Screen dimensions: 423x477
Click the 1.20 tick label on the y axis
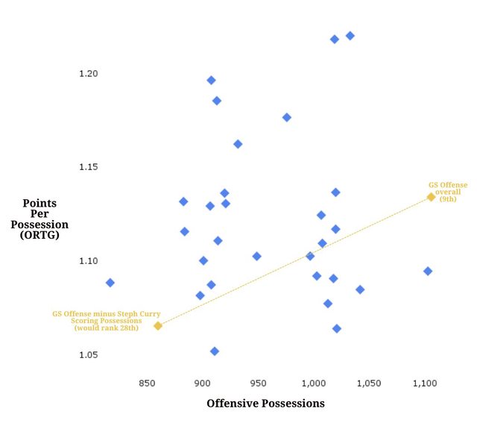coord(88,74)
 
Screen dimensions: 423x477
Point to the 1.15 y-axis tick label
coord(88,167)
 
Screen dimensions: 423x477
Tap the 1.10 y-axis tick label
coord(88,261)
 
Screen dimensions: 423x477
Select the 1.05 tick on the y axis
coord(88,355)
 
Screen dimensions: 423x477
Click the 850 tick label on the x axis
coord(147,383)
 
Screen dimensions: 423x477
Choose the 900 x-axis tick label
coord(203,383)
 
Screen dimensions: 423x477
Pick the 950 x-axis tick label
coord(258,383)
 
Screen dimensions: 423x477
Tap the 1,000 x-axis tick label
coord(313,383)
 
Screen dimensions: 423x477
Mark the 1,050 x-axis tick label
coord(369,383)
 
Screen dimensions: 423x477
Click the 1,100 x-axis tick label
coord(425,383)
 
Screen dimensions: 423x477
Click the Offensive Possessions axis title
coord(265,404)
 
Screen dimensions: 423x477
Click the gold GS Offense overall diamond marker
coord(431,197)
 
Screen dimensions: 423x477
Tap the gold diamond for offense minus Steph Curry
coord(158,325)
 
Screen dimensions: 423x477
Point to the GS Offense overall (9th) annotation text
coord(447,192)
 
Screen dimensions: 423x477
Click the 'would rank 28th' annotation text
coord(107,328)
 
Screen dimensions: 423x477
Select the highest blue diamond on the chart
coord(350,36)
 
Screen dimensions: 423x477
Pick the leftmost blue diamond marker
coord(110,283)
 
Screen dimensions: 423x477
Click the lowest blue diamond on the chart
coord(215,351)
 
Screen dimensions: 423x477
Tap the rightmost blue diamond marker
coord(428,271)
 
